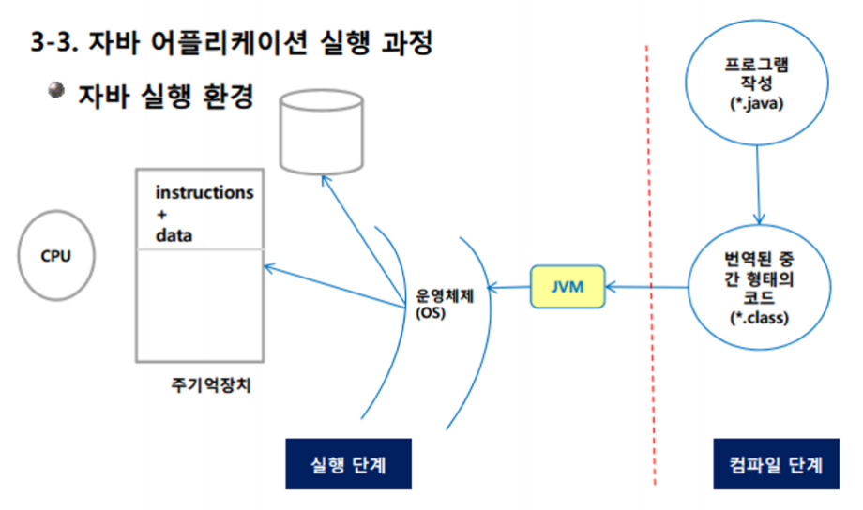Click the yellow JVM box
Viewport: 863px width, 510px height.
click(x=568, y=288)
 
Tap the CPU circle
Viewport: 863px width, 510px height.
click(x=56, y=256)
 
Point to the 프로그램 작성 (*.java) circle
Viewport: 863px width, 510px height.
click(x=757, y=85)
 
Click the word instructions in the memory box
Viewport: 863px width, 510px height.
click(x=204, y=193)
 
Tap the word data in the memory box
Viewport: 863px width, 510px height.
click(x=174, y=236)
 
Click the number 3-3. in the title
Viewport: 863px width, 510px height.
click(x=57, y=43)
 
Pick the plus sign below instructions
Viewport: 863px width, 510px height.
click(x=161, y=215)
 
